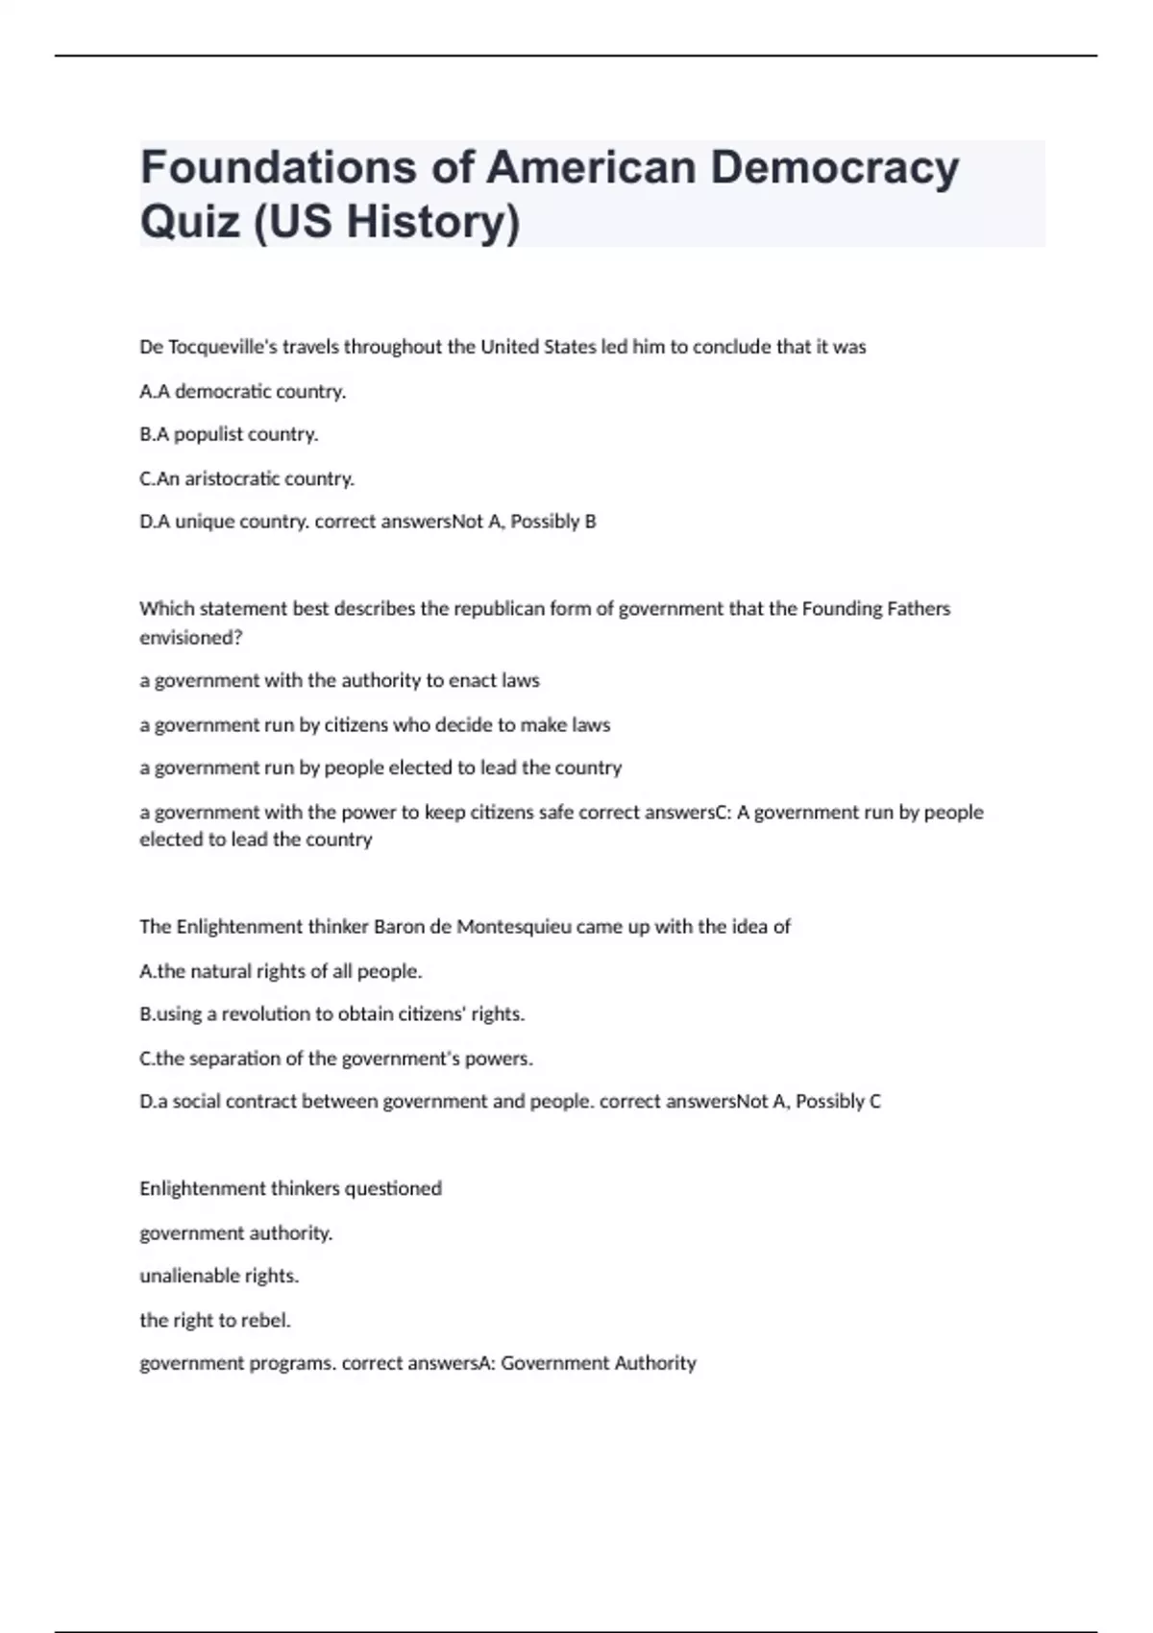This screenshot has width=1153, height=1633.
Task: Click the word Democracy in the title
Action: tap(834, 167)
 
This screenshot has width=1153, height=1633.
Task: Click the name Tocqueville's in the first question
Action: tap(223, 347)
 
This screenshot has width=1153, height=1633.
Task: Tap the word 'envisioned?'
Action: tap(191, 637)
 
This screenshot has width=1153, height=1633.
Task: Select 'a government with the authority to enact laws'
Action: tap(339, 680)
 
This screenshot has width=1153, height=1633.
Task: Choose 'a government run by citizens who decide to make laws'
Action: tap(375, 724)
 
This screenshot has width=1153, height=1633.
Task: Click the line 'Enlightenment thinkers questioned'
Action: tap(290, 1188)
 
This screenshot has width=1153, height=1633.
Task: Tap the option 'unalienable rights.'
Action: tap(219, 1276)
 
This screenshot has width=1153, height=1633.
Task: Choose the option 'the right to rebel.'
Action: tap(215, 1320)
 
